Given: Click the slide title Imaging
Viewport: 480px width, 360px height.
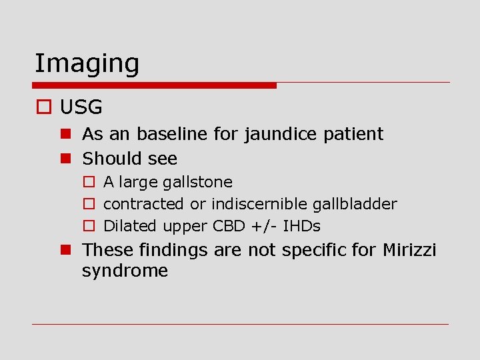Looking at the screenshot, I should (x=87, y=64).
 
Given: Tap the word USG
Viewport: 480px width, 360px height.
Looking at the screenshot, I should (x=81, y=107).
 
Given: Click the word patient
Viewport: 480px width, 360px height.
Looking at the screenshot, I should (x=353, y=134).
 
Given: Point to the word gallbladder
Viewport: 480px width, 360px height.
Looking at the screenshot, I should (x=355, y=204).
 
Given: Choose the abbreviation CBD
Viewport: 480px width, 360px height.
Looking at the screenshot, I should (x=227, y=226).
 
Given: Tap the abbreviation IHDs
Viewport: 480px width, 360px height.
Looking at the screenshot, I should (x=301, y=226).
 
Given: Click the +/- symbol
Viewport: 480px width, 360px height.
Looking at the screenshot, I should (x=261, y=226).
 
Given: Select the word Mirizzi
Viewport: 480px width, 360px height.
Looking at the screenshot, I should (x=409, y=250).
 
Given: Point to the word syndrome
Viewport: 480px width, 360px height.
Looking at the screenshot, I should (x=125, y=271).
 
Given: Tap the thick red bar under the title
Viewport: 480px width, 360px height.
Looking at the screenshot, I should (x=155, y=85).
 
